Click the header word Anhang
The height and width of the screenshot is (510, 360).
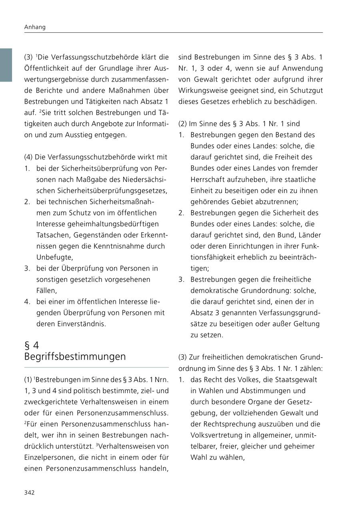35,27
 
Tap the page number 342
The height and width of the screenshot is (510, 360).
30,492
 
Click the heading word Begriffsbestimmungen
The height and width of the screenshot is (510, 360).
75,356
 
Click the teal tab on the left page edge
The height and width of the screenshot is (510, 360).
6,65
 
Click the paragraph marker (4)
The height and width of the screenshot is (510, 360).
28,157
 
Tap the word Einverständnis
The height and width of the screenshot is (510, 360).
71,324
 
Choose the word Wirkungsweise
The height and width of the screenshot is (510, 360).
202,91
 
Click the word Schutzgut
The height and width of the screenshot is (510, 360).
307,91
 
